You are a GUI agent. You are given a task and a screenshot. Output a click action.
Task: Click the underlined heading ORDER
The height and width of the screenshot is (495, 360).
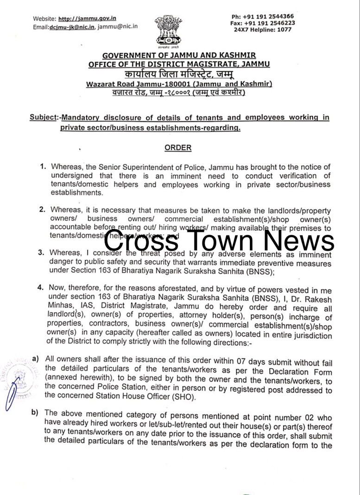(x=178, y=148)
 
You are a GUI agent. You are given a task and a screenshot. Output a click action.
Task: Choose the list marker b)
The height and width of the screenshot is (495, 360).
(x=35, y=412)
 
